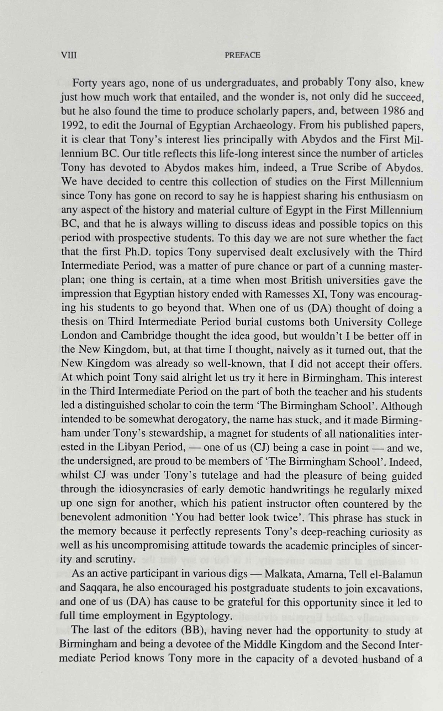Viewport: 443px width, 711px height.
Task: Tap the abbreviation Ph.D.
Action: [x=138, y=252]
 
